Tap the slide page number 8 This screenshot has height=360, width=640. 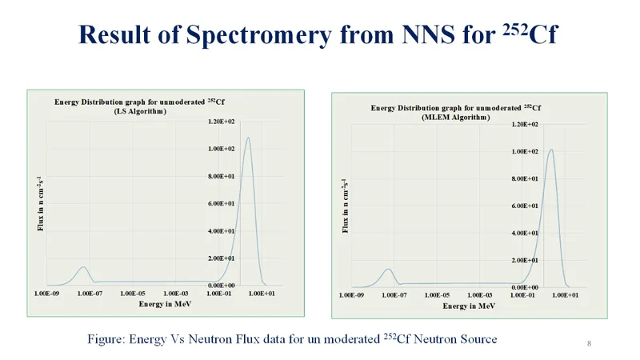tap(589, 344)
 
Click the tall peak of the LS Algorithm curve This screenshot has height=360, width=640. tap(248, 138)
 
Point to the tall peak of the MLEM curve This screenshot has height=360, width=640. tap(551, 150)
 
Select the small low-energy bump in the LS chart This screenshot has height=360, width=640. tap(82, 267)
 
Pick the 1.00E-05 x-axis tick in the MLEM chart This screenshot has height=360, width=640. tap(437, 296)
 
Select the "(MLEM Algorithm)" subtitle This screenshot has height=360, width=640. tap(454, 117)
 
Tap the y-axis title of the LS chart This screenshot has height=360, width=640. tap(40, 203)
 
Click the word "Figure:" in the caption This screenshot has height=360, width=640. tap(106, 339)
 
